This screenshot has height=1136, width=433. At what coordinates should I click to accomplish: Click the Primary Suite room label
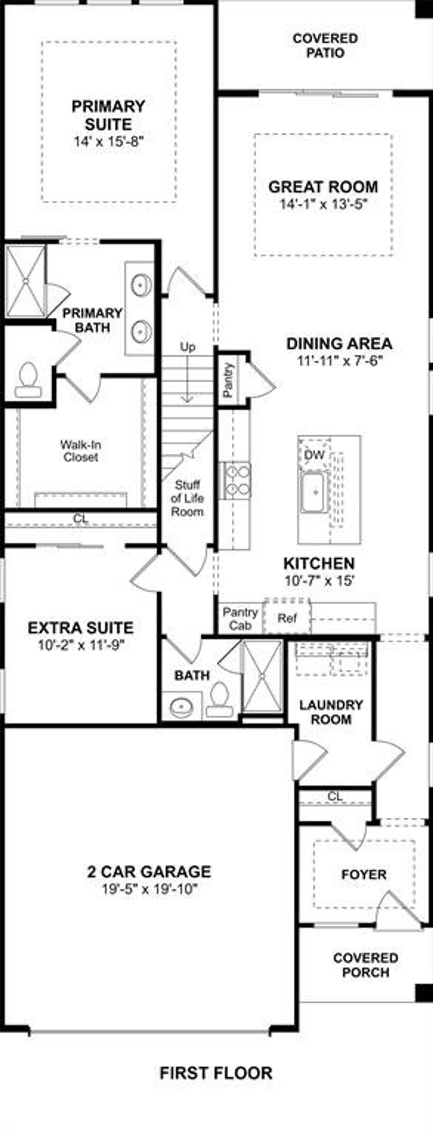pos(108,115)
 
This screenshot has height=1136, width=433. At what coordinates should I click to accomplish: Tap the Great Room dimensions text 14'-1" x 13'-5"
pos(324,205)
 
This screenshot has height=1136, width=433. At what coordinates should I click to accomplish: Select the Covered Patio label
pos(325,46)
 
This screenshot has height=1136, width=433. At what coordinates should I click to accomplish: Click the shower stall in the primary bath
pos(26,281)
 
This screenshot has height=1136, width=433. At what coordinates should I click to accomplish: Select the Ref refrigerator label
pos(287,618)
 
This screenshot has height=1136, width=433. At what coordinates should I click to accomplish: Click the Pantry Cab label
pos(240,618)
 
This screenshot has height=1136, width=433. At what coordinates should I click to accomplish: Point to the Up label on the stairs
pos(188,347)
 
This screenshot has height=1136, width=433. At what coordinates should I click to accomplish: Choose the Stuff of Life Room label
pos(187,498)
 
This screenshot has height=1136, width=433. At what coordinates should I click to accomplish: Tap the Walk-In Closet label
pos(81,451)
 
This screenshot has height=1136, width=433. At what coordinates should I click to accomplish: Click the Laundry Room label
pos(331,712)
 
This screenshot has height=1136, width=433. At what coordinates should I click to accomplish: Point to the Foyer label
pos(364,874)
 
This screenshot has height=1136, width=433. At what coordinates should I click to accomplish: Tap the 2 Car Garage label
pos(149,872)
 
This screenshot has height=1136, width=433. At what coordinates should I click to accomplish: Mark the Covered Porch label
pos(366,965)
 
